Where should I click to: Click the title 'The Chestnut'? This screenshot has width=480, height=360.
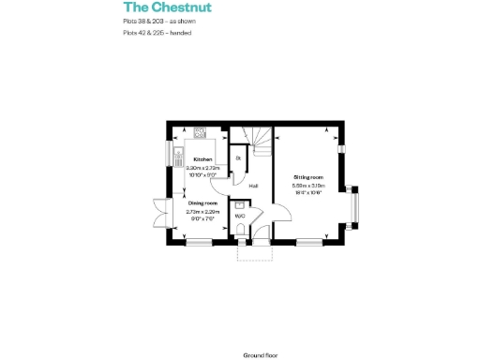(x=154, y=7)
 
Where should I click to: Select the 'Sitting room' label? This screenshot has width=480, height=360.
(x=308, y=176)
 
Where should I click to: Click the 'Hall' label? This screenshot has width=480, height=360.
(x=253, y=186)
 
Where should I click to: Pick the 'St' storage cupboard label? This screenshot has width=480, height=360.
(x=238, y=158)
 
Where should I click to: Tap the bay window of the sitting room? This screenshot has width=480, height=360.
(x=355, y=205)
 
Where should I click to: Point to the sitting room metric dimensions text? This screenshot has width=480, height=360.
(x=308, y=185)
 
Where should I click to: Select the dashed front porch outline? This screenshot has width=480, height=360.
(x=255, y=251)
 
